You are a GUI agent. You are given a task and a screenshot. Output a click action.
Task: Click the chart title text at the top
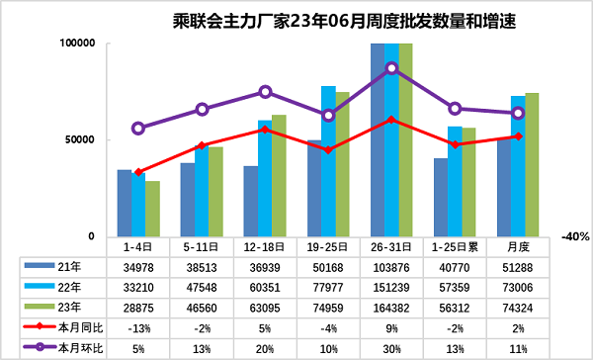(296, 19)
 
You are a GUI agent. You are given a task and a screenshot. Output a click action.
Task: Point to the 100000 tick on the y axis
(76, 44)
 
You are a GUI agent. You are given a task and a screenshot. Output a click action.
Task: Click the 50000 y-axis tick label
(79, 140)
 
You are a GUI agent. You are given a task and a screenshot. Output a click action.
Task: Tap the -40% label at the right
(574, 237)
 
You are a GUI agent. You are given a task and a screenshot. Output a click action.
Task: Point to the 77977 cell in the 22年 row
(328, 286)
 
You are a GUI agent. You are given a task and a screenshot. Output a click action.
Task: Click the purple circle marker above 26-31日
(391, 68)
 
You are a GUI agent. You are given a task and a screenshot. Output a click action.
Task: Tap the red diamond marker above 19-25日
(328, 149)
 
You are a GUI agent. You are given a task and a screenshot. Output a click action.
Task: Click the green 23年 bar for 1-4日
(152, 209)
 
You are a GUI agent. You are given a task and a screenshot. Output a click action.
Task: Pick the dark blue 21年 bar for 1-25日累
(441, 198)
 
